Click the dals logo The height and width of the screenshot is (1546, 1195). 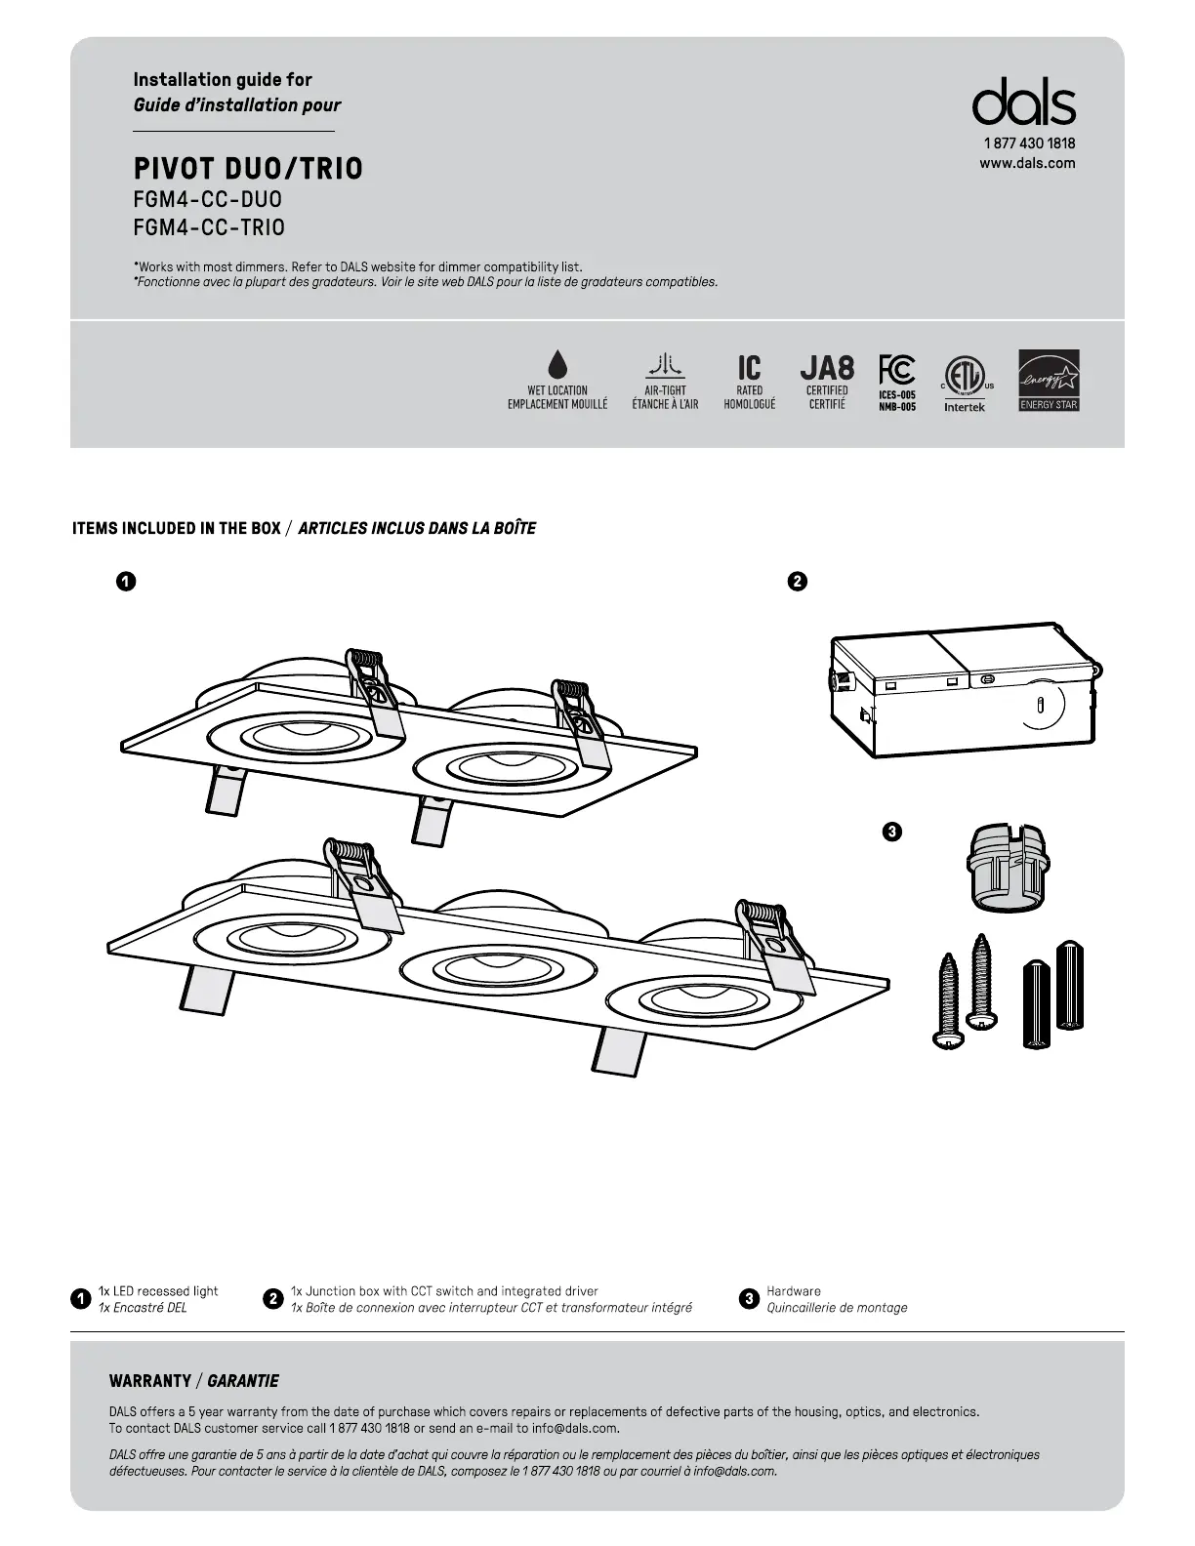tap(1023, 102)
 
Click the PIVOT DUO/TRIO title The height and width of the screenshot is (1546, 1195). tap(248, 169)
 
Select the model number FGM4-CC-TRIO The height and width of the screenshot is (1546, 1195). tap(209, 227)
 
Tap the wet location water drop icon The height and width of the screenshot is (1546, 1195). tap(557, 364)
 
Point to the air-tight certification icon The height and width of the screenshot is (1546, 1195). tap(665, 366)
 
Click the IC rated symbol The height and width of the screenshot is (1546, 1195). tap(749, 367)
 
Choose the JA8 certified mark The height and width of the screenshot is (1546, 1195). tap(827, 367)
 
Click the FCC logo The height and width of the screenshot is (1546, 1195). tap(896, 370)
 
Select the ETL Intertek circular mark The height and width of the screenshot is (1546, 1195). tap(965, 377)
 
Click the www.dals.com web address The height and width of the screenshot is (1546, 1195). tap(1027, 163)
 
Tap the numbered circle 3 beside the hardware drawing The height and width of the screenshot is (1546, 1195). tap(890, 833)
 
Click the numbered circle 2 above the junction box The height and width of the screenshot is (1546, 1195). tap(797, 582)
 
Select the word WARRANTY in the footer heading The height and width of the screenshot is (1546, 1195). tap(150, 1381)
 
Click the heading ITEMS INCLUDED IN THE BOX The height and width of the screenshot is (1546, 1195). tap(177, 529)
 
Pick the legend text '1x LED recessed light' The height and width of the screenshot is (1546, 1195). tap(158, 1291)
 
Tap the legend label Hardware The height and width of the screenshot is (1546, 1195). tap(794, 1291)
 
